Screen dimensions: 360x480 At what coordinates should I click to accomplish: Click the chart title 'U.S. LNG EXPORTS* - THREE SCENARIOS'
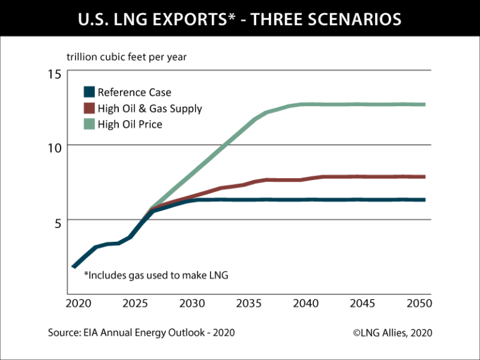[240, 19]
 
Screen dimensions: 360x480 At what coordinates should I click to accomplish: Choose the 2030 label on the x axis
[192, 304]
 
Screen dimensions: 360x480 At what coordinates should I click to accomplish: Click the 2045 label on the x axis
[363, 304]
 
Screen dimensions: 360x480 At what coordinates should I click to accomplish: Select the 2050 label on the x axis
[419, 304]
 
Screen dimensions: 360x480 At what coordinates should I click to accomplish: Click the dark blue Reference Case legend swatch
[89, 92]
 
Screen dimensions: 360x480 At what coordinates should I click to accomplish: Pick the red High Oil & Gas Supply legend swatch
[89, 109]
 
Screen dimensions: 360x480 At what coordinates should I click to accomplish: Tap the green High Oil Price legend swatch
[89, 124]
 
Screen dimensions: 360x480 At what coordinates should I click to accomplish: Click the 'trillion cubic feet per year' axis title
[126, 57]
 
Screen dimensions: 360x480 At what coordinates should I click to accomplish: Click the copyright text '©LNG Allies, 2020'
[392, 333]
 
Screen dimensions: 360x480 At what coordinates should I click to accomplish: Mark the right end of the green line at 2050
[424, 104]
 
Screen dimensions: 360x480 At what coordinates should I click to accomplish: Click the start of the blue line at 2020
[74, 267]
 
